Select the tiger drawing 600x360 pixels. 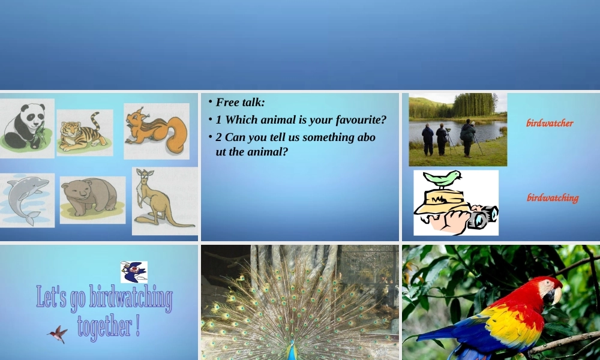pyautogui.click(x=85, y=133)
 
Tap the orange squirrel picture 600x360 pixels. pyautogui.click(x=157, y=131)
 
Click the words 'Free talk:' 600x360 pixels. pyautogui.click(x=240, y=103)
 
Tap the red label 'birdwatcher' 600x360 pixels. pyautogui.click(x=550, y=123)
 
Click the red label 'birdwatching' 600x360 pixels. pyautogui.click(x=553, y=197)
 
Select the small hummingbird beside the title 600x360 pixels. pyautogui.click(x=58, y=334)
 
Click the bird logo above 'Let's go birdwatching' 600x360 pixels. pyautogui.click(x=134, y=272)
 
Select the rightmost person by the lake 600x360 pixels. pyautogui.click(x=467, y=136)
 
